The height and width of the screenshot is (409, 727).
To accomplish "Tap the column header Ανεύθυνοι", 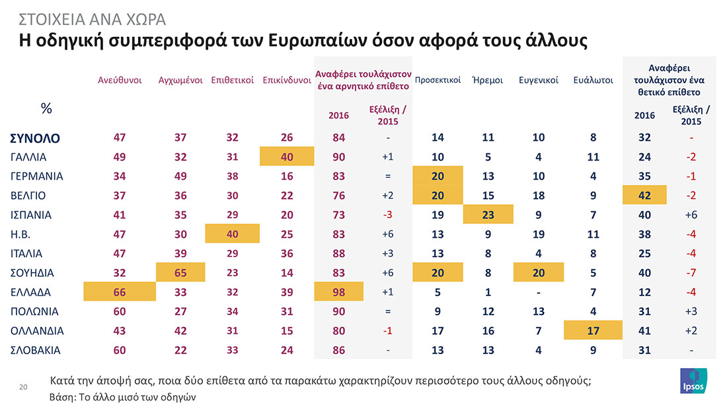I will [120, 81].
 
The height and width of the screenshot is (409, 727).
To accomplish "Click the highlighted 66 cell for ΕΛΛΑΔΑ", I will [120, 292].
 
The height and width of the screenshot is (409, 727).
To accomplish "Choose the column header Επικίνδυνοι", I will [287, 81].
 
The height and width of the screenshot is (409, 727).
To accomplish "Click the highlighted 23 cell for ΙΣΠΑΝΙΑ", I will [488, 215].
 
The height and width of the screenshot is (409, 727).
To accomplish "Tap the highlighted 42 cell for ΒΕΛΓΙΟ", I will [645, 196].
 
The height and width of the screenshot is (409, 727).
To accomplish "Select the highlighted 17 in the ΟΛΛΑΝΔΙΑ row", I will [593, 330].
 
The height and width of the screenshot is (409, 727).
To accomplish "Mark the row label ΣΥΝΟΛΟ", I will [35, 138].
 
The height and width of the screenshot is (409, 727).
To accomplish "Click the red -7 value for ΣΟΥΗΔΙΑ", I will [691, 273].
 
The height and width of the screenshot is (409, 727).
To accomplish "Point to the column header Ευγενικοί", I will [539, 81].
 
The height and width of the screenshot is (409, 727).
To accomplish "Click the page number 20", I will [23, 387].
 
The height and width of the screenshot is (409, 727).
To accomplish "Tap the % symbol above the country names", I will [46, 109].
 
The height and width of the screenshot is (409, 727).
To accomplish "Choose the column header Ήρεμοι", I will [488, 81].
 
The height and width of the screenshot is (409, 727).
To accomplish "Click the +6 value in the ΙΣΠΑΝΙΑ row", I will [691, 215].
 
